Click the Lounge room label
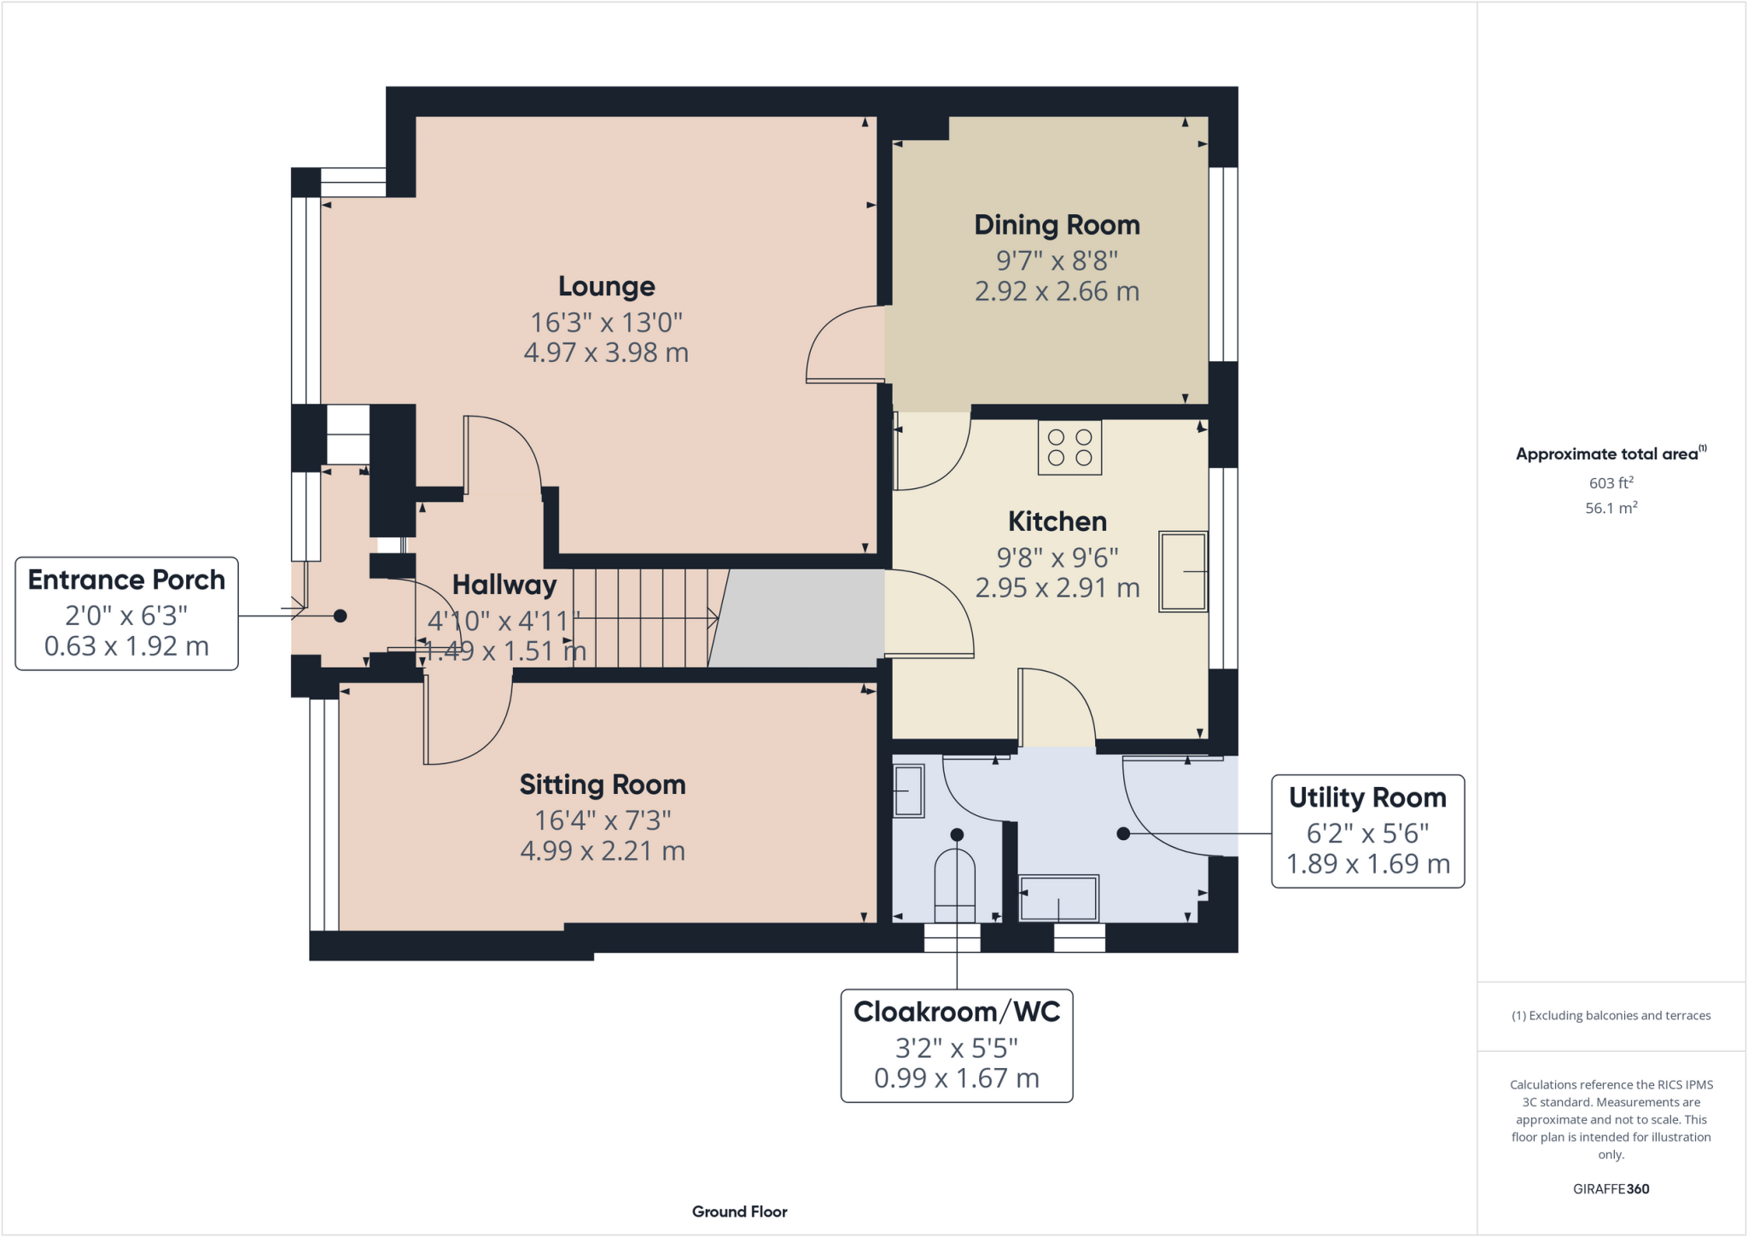pyautogui.click(x=606, y=287)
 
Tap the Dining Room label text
pyautogui.click(x=1057, y=225)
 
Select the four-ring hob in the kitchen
pyautogui.click(x=1069, y=447)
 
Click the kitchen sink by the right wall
pyautogui.click(x=1183, y=571)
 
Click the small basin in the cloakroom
pyautogui.click(x=908, y=791)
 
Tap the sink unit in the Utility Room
pyautogui.click(x=1059, y=897)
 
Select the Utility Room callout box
pyautogui.click(x=1367, y=831)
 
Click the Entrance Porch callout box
pyautogui.click(x=126, y=613)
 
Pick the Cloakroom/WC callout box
pyautogui.click(x=956, y=1045)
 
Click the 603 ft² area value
pyautogui.click(x=1611, y=483)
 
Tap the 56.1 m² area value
pyautogui.click(x=1611, y=508)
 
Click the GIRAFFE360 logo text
pyautogui.click(x=1611, y=1188)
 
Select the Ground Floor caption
pyautogui.click(x=739, y=1211)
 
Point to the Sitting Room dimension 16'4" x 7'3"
pyautogui.click(x=603, y=820)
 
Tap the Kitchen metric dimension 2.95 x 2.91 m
pyautogui.click(x=1057, y=588)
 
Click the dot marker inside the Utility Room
pyautogui.click(x=1123, y=833)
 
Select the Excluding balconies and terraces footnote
pyautogui.click(x=1611, y=1016)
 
